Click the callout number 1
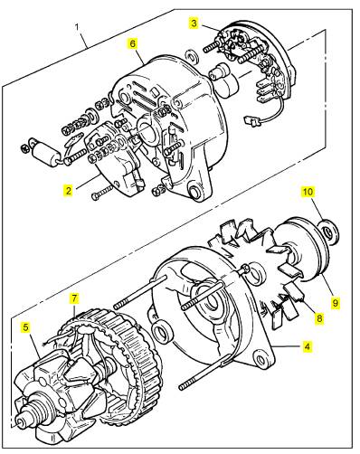(77, 27)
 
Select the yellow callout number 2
(69, 191)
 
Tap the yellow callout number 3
(194, 24)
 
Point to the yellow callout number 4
(307, 346)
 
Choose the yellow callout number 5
(26, 326)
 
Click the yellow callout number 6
(133, 43)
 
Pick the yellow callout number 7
(74, 298)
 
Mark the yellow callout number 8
(319, 318)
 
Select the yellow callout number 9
(336, 302)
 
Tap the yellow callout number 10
(308, 192)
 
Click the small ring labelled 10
(329, 232)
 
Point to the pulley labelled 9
(304, 249)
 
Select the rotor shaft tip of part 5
(20, 421)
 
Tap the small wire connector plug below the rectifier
(252, 121)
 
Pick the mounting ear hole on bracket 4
(260, 359)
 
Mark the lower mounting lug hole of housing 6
(194, 192)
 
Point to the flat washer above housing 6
(192, 56)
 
